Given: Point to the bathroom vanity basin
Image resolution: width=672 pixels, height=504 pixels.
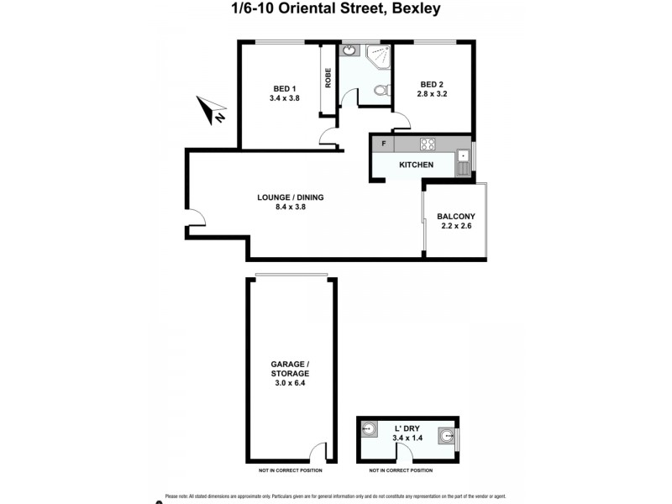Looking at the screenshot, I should click(348, 50).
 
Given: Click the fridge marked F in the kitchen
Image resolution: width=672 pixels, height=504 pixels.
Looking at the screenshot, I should click(383, 144).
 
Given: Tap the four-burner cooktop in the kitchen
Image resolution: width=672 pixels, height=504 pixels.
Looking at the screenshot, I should click(427, 144).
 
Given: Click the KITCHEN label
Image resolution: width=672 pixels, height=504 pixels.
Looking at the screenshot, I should click(416, 165).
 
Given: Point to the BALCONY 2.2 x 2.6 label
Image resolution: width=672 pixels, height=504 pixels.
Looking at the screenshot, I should click(456, 221).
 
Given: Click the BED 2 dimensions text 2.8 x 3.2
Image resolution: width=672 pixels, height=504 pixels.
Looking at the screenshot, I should click(431, 93).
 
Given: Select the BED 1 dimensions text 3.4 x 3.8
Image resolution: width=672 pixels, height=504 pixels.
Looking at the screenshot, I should click(284, 98).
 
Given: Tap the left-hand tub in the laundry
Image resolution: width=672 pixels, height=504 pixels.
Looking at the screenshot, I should click(368, 428).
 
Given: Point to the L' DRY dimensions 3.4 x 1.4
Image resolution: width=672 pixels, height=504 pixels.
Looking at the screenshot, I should click(407, 438).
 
